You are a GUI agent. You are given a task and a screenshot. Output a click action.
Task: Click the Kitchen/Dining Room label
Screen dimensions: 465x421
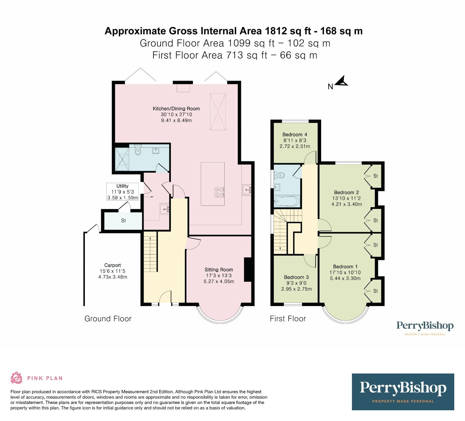click(176, 109)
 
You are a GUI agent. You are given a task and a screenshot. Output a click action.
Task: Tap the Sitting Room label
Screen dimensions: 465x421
click(219, 270)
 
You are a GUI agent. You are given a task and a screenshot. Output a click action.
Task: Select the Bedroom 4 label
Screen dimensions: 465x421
click(295, 135)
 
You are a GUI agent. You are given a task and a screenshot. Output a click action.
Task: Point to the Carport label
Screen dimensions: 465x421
click(112, 265)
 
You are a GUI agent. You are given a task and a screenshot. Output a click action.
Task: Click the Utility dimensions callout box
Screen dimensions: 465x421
click(122, 192)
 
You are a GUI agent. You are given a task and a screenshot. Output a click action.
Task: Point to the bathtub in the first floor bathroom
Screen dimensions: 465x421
click(287, 201)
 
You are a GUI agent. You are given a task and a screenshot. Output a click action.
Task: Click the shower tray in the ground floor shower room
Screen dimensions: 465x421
click(122, 159)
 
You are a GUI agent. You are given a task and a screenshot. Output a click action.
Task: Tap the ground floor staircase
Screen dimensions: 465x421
click(151, 252)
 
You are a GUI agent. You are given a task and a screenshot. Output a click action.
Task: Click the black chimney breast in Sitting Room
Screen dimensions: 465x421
click(248, 270)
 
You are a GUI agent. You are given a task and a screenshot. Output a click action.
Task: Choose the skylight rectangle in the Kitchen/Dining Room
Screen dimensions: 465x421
click(218, 112)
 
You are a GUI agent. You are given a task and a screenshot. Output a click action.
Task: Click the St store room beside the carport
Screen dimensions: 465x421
click(123, 221)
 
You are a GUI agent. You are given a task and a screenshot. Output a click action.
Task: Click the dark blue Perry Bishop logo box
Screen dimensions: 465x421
click(403, 392)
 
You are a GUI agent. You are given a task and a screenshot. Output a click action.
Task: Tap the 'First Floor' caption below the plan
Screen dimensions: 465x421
click(288, 319)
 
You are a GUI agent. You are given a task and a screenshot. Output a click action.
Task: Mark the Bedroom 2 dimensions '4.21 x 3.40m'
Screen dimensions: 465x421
click(347, 204)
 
